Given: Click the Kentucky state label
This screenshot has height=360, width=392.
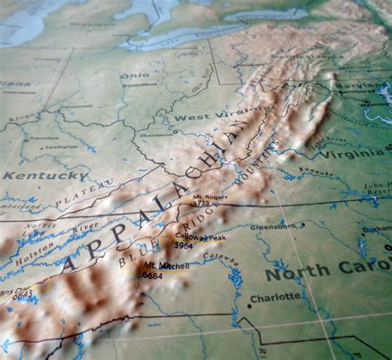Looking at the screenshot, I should click(44, 175).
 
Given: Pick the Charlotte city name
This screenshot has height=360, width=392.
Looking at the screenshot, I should click(275, 296).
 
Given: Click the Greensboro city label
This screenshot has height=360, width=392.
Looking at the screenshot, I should click(274, 225).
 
